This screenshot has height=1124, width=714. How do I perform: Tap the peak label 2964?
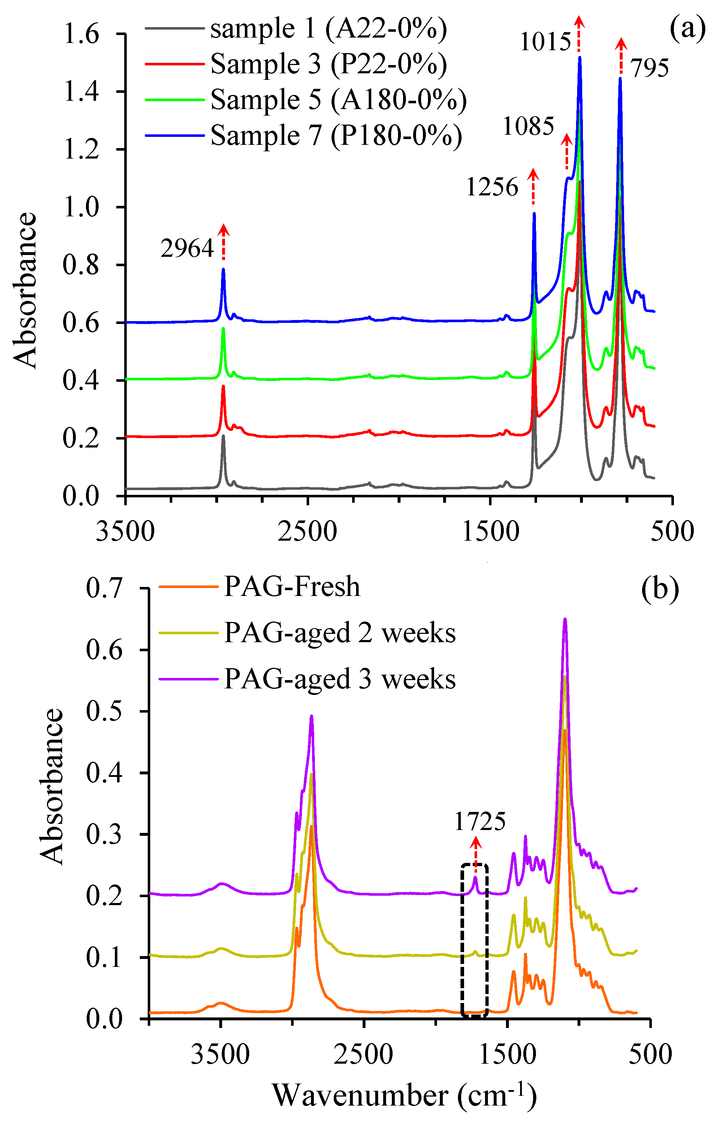187,248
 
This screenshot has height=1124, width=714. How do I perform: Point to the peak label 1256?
492,188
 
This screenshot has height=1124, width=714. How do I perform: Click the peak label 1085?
528,126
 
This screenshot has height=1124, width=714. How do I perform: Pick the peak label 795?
650,68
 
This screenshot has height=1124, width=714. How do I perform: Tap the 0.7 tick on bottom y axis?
104,588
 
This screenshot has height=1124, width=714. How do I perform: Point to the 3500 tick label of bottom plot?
220,1054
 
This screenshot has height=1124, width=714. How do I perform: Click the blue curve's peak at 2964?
223,270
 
